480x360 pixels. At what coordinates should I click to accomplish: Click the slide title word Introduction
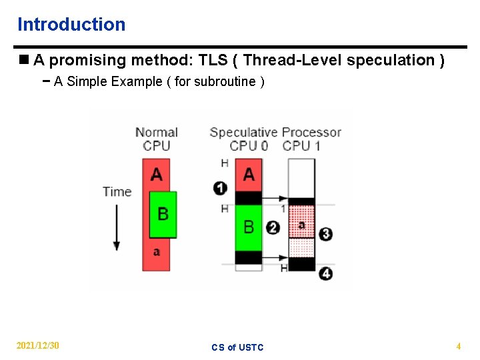(71, 25)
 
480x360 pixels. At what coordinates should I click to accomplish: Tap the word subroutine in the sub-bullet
(225, 82)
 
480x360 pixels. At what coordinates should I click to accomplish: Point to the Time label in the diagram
(117, 191)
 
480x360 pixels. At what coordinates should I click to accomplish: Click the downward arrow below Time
(117, 227)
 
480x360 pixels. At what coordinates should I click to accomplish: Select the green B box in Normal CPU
(163, 215)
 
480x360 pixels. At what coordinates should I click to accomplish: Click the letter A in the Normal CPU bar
(157, 175)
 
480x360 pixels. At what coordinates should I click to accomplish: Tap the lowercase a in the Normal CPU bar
(157, 252)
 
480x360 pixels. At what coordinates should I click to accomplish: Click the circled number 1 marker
(220, 188)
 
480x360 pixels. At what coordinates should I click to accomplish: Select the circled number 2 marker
(272, 227)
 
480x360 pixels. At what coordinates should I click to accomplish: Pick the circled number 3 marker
(325, 234)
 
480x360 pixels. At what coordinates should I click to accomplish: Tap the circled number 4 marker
(325, 273)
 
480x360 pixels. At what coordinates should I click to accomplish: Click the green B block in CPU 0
(248, 227)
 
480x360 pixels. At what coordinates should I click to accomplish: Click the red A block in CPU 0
(249, 175)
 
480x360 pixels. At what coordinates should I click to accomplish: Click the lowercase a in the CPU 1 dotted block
(301, 225)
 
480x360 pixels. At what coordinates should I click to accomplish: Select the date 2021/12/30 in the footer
(38, 345)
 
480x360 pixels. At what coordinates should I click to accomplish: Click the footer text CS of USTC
(237, 347)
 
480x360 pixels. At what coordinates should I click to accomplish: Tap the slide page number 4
(458, 346)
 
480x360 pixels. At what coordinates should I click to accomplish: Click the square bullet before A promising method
(23, 60)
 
